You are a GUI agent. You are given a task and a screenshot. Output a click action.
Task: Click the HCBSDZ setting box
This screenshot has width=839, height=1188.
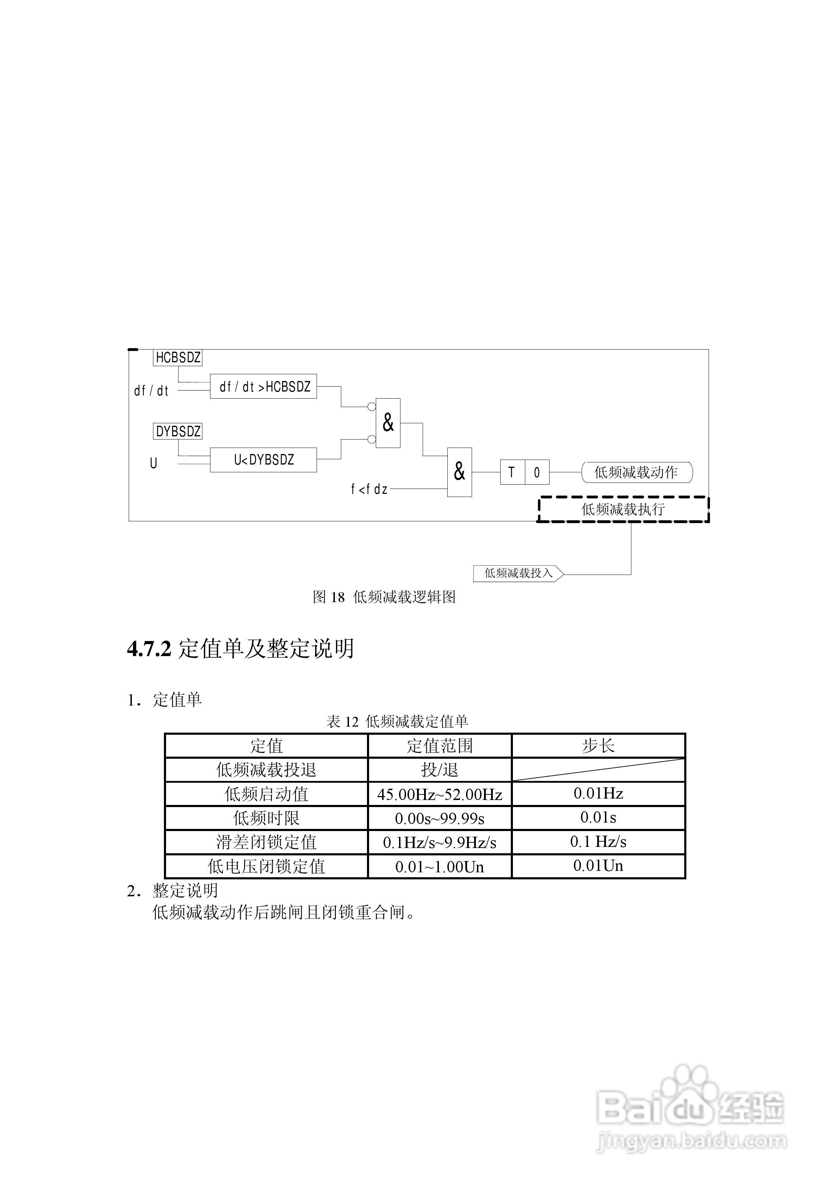pyautogui.click(x=177, y=358)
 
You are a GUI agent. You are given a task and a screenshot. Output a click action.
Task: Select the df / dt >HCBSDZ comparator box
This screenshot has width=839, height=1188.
pyautogui.click(x=263, y=387)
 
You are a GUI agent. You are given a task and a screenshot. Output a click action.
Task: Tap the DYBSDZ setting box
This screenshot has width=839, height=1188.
pyautogui.click(x=177, y=431)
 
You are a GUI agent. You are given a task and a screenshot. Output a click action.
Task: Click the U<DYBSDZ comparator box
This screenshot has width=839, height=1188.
pyautogui.click(x=263, y=460)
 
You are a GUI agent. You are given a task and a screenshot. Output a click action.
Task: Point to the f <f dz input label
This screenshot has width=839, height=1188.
pyautogui.click(x=369, y=489)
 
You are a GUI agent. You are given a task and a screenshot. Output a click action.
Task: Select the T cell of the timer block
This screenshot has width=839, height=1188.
pyautogui.click(x=512, y=472)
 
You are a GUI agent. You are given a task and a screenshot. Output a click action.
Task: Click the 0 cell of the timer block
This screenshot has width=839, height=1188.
pyautogui.click(x=537, y=472)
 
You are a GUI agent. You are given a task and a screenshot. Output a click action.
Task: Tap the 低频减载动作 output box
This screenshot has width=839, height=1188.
pyautogui.click(x=637, y=472)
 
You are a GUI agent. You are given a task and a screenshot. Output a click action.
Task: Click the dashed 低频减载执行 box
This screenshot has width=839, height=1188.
pyautogui.click(x=623, y=509)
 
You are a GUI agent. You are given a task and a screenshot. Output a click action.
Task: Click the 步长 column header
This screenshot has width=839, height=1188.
pyautogui.click(x=599, y=746)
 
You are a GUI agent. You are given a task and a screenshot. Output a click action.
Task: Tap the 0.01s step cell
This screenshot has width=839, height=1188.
pyautogui.click(x=599, y=818)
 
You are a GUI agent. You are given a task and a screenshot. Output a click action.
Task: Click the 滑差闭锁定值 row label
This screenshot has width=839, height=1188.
pyautogui.click(x=267, y=842)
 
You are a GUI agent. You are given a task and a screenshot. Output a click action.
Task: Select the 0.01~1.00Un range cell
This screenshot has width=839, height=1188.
pyautogui.click(x=440, y=867)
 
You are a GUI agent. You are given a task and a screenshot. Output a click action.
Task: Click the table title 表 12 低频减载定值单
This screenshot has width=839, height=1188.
pyautogui.click(x=397, y=721)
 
